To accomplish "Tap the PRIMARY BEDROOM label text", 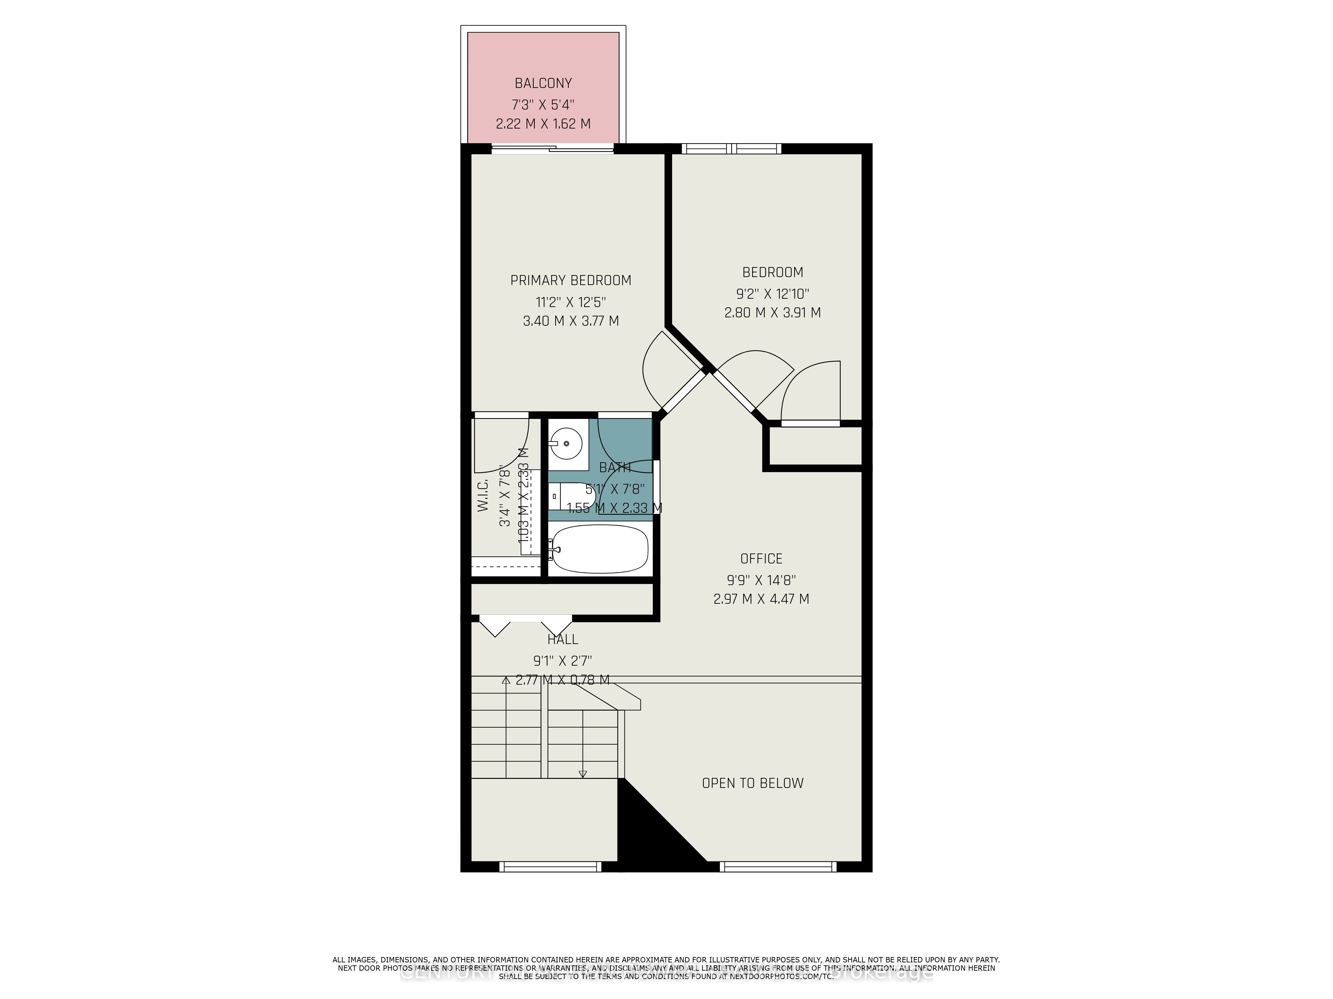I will click(x=570, y=280).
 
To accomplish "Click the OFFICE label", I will click(x=761, y=558).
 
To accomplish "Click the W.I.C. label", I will click(x=483, y=496).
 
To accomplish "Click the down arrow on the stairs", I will click(x=582, y=774).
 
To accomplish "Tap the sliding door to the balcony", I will click(x=553, y=149).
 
